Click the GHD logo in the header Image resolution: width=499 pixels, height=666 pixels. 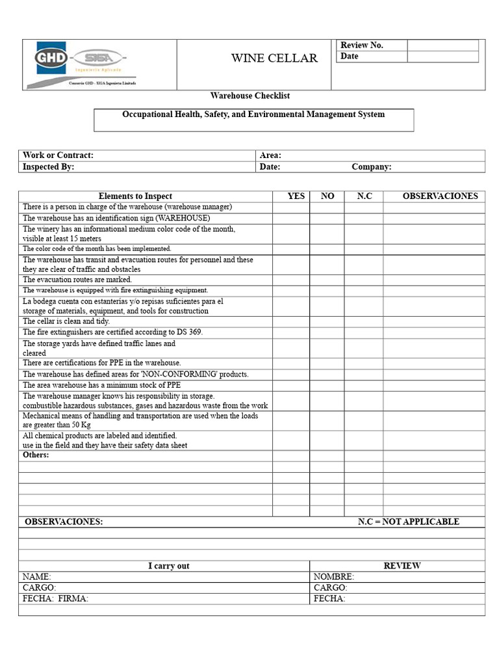tap(51, 58)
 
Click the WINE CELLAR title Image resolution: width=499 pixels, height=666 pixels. tap(274, 59)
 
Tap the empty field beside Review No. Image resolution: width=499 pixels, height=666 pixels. tap(442, 45)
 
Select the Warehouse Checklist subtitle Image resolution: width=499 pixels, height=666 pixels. tap(250, 96)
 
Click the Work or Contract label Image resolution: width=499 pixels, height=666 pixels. tap(58, 155)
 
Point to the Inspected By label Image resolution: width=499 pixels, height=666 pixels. tap(48, 166)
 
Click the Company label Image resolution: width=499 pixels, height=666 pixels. tap(371, 166)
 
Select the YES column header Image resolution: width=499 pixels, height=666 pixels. tap(296, 196)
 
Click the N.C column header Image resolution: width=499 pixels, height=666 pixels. tap(365, 196)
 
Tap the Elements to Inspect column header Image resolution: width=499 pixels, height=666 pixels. tap(135, 196)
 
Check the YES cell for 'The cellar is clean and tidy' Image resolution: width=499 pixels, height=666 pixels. tap(290, 321)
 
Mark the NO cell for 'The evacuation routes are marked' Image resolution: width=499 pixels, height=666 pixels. tap(327, 280)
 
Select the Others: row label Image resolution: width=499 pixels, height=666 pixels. tap(36, 455)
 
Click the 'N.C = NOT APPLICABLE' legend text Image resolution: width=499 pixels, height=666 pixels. tap(408, 522)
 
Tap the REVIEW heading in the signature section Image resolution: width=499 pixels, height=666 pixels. tap(402, 566)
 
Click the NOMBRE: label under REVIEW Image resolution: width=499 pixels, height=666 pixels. tap(333, 577)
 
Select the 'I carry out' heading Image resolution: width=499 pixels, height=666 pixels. tap(168, 566)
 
